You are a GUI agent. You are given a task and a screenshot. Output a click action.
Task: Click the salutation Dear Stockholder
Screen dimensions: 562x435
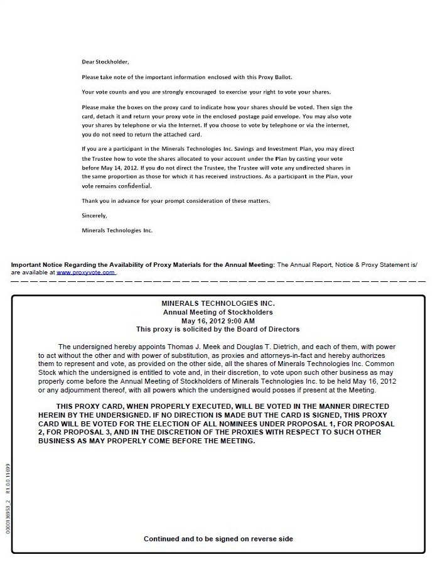tap(105, 62)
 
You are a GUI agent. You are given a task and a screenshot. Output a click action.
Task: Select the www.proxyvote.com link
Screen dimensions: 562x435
tap(85, 273)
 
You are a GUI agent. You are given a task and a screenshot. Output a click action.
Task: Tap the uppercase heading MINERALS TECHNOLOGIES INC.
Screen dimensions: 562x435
tap(218, 303)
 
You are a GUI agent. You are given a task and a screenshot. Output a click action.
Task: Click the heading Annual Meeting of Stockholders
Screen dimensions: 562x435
tap(218, 312)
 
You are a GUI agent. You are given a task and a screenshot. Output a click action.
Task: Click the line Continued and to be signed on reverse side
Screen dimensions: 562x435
tap(218, 539)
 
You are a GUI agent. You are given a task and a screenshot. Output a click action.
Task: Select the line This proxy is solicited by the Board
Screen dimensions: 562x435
tap(218, 329)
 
